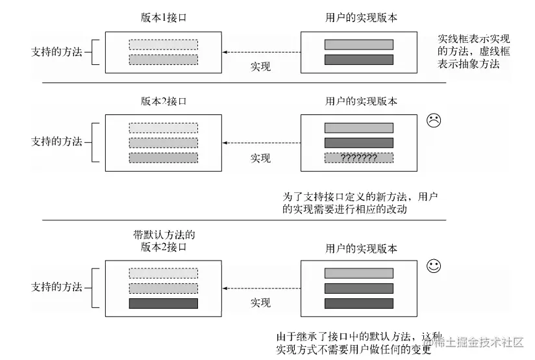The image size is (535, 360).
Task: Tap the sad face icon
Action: point(434,120)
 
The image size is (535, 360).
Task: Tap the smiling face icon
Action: point(434,266)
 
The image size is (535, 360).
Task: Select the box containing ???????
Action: point(358,158)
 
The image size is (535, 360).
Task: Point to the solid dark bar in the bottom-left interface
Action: point(164,303)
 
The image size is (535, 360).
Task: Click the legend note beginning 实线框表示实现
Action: point(473,51)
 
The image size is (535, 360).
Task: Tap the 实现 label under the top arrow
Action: point(260,66)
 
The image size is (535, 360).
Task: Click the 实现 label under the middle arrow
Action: point(260,158)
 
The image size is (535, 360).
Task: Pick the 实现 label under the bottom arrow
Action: point(260,303)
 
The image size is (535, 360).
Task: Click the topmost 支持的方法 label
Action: point(57,51)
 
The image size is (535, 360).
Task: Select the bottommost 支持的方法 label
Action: point(57,287)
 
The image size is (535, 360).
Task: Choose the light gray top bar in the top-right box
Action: point(358,45)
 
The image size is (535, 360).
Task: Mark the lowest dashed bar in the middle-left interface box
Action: point(164,158)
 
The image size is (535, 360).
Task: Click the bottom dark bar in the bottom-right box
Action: point(358,303)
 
